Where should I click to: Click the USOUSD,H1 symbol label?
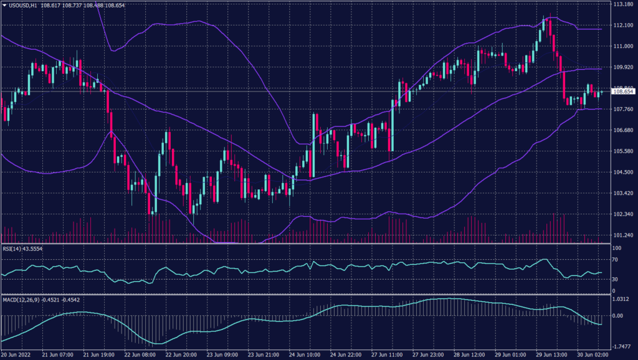click(24, 4)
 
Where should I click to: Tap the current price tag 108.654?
click(623, 92)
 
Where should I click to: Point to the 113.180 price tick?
click(622, 4)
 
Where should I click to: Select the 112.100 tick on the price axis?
click(622, 25)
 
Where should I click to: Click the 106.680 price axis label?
click(622, 130)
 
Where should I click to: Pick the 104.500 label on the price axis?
click(622, 172)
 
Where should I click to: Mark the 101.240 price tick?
click(622, 235)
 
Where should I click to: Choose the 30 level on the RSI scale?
click(615, 278)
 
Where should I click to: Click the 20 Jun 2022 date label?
click(17, 354)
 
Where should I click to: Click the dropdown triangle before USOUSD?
click(4, 4)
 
